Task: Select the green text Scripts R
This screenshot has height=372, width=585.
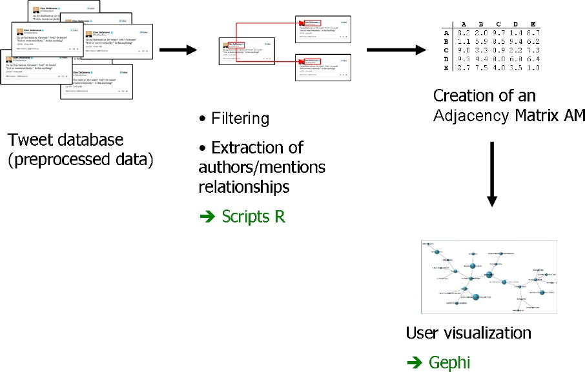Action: [253, 217]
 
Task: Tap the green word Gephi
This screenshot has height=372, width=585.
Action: [449, 362]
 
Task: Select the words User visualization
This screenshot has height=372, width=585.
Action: [468, 333]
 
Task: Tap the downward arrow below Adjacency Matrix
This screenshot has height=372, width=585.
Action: [493, 174]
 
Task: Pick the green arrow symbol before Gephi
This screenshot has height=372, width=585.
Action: [414, 363]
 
